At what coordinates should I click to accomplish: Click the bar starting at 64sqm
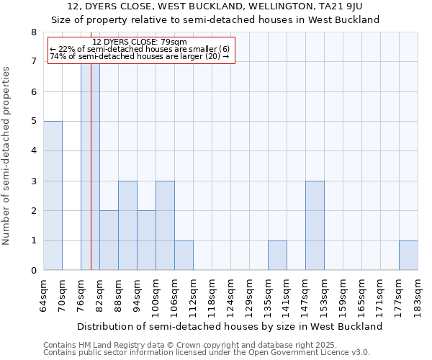[53, 196]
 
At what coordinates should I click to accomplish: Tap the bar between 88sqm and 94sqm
[127, 225]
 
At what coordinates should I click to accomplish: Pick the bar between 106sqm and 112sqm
[184, 256]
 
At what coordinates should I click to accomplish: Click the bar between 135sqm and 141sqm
[277, 256]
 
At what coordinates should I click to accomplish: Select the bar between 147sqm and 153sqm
[315, 225]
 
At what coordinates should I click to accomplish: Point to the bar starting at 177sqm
[408, 256]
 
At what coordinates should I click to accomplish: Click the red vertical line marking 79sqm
[91, 216]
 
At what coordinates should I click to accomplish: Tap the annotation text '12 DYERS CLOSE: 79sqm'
[140, 42]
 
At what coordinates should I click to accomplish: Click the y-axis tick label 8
[33, 32]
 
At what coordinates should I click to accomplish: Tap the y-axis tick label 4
[33, 151]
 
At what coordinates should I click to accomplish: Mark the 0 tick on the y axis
[33, 271]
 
